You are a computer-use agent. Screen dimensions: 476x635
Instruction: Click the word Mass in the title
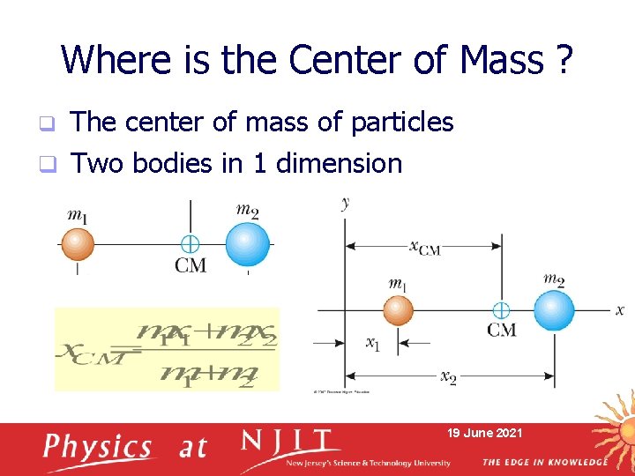(x=501, y=60)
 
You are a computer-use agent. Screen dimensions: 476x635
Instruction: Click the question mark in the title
(x=563, y=60)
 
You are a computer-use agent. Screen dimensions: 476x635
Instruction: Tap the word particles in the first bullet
(x=402, y=123)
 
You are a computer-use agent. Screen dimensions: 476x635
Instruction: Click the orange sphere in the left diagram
(x=77, y=243)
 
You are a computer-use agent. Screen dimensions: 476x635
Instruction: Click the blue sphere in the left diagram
(x=247, y=244)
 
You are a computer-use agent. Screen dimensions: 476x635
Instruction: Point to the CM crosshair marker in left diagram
(x=190, y=244)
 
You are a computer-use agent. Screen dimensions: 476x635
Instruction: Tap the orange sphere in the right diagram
(x=398, y=310)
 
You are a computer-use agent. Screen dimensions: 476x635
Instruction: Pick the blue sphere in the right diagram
(x=553, y=310)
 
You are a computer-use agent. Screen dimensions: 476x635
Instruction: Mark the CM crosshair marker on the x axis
(x=500, y=310)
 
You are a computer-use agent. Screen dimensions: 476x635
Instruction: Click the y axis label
(x=345, y=204)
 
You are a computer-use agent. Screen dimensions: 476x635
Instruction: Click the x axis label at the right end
(x=620, y=310)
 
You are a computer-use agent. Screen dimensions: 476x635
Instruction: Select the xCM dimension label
(x=424, y=248)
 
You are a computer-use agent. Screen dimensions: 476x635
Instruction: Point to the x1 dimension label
(x=372, y=344)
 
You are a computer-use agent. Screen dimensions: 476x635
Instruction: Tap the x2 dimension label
(x=448, y=376)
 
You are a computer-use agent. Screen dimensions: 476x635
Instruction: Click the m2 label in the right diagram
(x=554, y=280)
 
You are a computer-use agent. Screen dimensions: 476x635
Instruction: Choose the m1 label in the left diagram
(x=78, y=214)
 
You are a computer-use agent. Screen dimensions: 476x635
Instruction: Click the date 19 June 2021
(x=484, y=433)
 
